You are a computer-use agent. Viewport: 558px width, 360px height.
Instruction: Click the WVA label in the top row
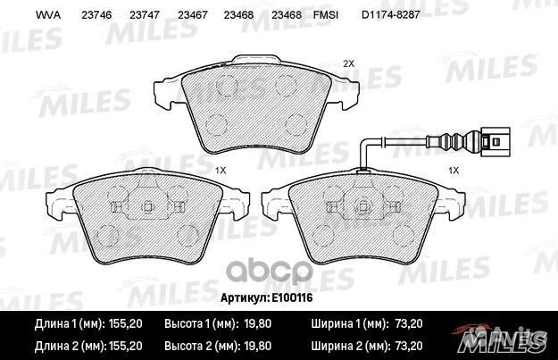pos(48,15)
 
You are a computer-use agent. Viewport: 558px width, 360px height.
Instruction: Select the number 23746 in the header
pos(96,15)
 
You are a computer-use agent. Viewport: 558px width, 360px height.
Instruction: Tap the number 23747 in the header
pos(145,15)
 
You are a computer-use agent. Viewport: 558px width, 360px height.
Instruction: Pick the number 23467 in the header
pos(193,15)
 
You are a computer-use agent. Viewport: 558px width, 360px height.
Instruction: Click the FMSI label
pos(326,15)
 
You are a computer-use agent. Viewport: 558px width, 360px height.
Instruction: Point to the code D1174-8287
pos(391,15)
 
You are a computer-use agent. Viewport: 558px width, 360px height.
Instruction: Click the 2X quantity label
pos(349,63)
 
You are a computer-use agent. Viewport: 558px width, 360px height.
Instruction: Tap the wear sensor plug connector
pos(495,142)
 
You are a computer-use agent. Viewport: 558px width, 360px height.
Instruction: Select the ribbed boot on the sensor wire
pos(454,142)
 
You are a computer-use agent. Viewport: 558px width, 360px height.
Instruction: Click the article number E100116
pos(292,297)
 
